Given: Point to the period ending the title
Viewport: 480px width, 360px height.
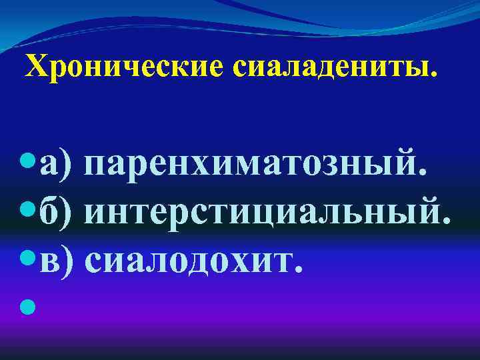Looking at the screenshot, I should click(x=436, y=76).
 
